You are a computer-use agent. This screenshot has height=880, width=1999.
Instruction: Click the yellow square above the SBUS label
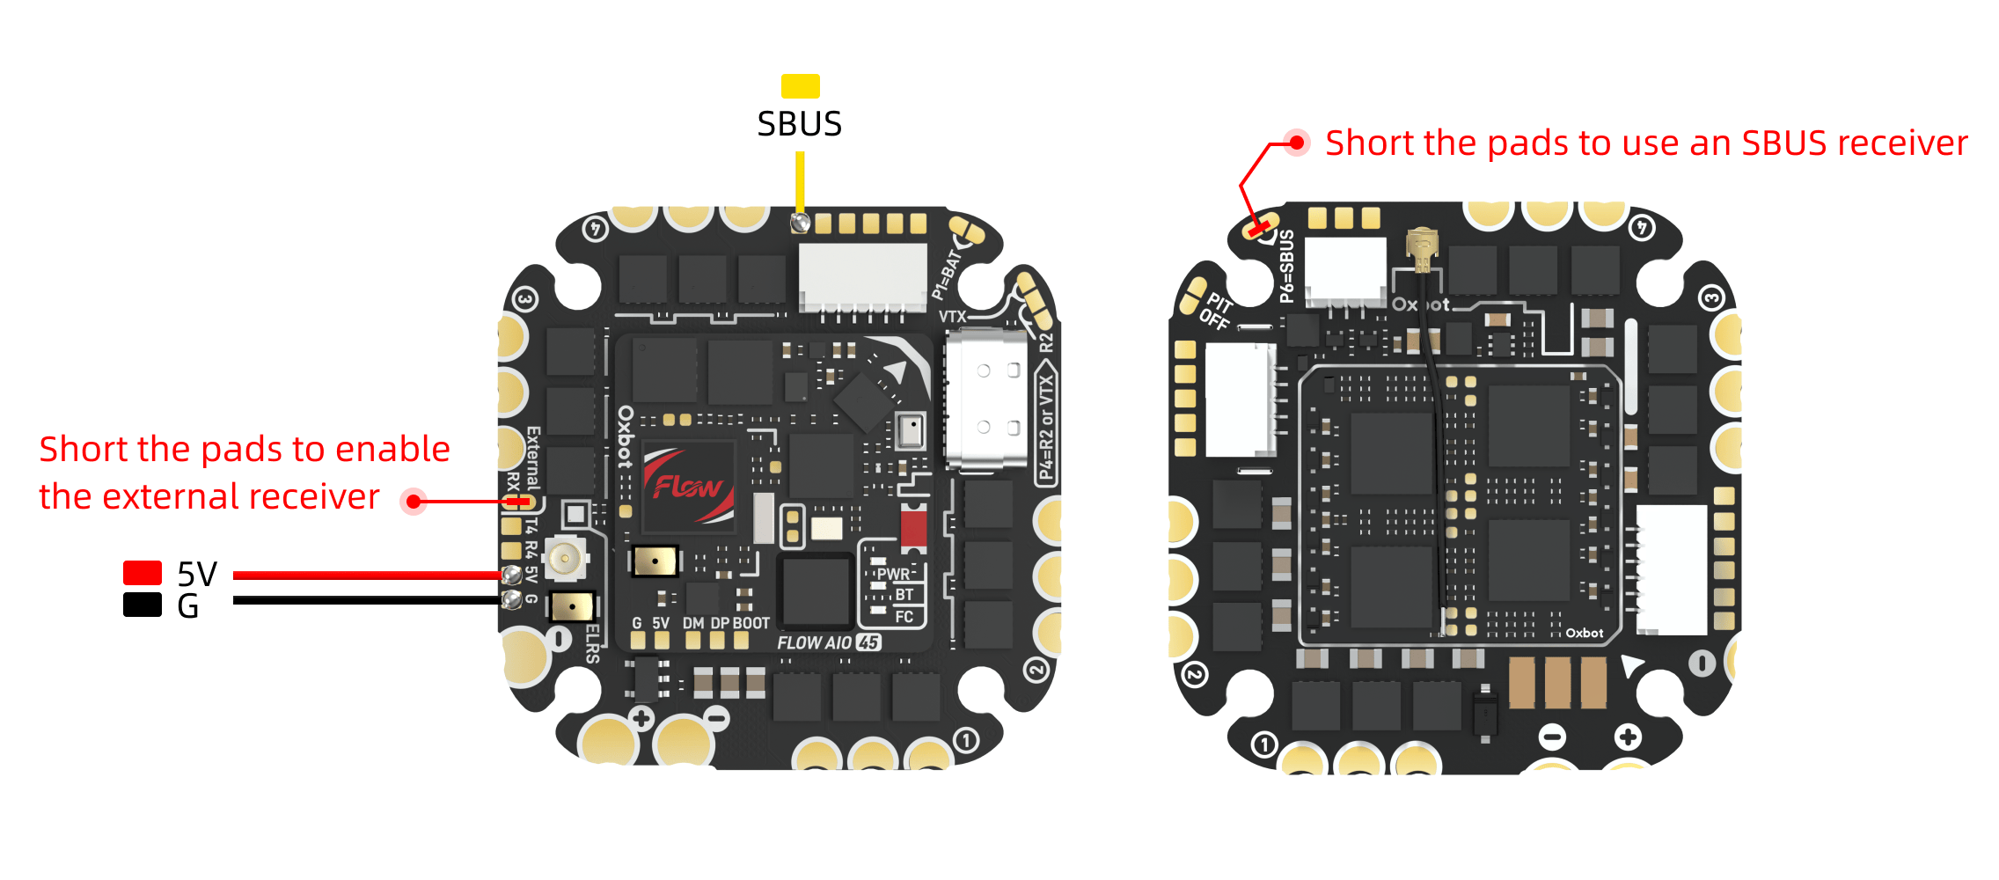click(x=800, y=86)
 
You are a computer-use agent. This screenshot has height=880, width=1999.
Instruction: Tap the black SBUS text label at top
click(x=799, y=124)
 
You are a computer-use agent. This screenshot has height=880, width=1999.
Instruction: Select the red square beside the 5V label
click(x=142, y=573)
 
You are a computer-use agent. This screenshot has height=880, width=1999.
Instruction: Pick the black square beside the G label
click(x=142, y=605)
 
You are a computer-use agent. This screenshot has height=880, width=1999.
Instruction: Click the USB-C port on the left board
click(x=986, y=398)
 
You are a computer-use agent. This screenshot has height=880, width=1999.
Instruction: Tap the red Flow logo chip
click(x=688, y=486)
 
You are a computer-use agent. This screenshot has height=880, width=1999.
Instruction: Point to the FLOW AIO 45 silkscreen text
click(x=828, y=642)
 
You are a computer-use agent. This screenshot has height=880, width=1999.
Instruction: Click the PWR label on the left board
click(x=893, y=575)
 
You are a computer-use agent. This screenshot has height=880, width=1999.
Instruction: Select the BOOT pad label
click(x=751, y=623)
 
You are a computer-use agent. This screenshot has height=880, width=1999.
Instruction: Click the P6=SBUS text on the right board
click(x=1286, y=266)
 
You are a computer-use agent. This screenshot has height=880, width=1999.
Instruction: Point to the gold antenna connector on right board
click(x=1421, y=248)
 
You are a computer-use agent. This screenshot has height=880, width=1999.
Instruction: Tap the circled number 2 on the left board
click(x=1036, y=670)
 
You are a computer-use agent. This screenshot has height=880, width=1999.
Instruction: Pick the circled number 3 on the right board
click(x=1710, y=297)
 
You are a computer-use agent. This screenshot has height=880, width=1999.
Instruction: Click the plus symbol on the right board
click(x=1627, y=737)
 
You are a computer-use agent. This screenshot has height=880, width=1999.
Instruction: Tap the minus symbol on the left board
click(x=718, y=719)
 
